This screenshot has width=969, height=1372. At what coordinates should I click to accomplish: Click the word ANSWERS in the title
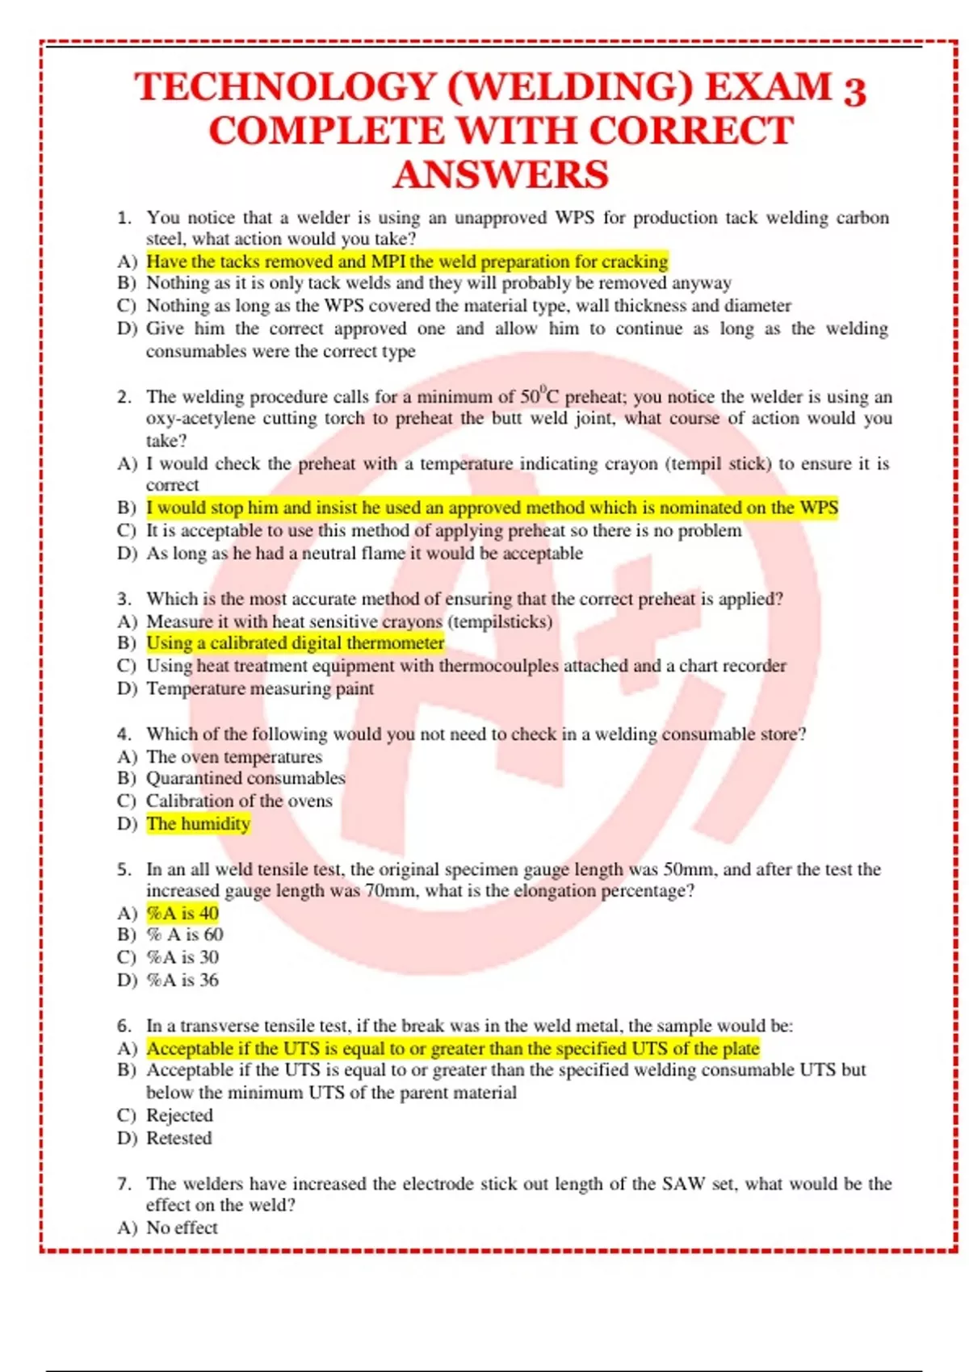click(501, 175)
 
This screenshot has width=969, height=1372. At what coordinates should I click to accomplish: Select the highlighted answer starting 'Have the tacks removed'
click(407, 261)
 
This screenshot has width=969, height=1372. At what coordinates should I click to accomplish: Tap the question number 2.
click(124, 397)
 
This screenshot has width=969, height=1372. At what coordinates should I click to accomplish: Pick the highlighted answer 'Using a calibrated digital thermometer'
click(295, 643)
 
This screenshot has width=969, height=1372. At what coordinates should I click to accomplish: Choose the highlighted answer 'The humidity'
click(198, 824)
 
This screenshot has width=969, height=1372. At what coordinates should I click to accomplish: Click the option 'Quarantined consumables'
click(245, 778)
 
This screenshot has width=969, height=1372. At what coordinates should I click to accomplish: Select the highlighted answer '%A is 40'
click(182, 913)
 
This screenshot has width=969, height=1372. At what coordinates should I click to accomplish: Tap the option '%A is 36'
click(182, 980)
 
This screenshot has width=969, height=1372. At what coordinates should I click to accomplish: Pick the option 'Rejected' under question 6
click(179, 1115)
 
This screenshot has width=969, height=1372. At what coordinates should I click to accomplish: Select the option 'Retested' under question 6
click(179, 1138)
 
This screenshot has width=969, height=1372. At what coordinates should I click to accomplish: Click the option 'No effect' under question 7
click(182, 1228)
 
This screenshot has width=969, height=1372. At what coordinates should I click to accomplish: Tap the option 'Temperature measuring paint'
click(259, 688)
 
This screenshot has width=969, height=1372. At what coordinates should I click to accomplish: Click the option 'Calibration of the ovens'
click(239, 801)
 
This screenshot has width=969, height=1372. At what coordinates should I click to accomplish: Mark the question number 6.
click(124, 1026)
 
